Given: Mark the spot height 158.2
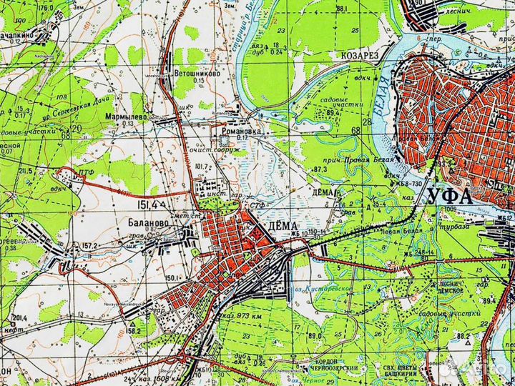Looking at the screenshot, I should point(133,331).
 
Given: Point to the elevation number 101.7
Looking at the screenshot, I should point(200,167).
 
